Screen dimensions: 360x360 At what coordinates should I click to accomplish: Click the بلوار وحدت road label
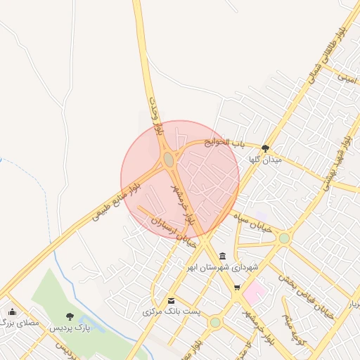pyautogui.click(x=159, y=116)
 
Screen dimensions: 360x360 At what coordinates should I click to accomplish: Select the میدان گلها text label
pyautogui.click(x=265, y=160)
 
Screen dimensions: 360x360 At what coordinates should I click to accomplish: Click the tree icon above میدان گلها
pyautogui.click(x=265, y=148)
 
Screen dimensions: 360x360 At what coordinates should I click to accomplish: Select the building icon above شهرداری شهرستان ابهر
pyautogui.click(x=223, y=255)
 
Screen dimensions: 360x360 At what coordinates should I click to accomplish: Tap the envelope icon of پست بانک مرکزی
pyautogui.click(x=171, y=300)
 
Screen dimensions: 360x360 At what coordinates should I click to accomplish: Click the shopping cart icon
pyautogui.click(x=237, y=287)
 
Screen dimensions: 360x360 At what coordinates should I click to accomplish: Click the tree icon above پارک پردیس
pyautogui.click(x=69, y=316)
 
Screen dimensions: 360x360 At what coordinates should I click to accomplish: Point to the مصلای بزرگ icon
pyautogui.click(x=12, y=312)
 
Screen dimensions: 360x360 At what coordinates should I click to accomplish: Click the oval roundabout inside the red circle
pyautogui.click(x=169, y=160)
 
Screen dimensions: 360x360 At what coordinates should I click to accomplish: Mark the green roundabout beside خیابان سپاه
pyautogui.click(x=283, y=238)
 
